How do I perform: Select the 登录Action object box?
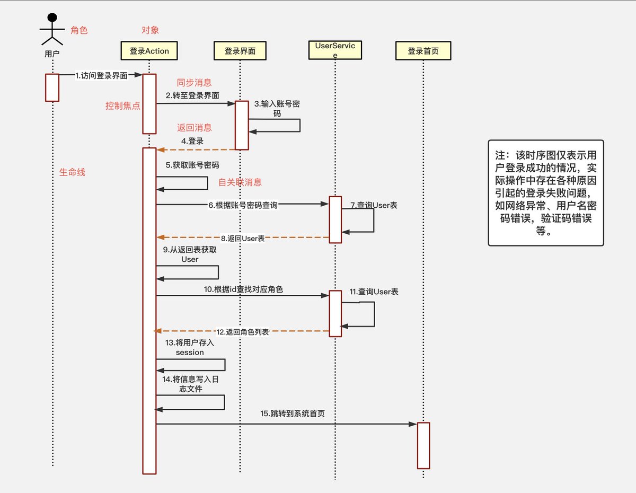(x=149, y=51)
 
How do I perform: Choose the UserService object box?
(x=334, y=51)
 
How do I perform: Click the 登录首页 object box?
(x=423, y=51)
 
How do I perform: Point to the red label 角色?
(x=79, y=31)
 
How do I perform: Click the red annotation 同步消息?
(x=194, y=83)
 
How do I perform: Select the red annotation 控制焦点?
(x=123, y=105)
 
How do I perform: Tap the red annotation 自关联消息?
(x=240, y=182)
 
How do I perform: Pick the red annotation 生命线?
(x=73, y=172)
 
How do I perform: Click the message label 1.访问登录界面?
(x=101, y=75)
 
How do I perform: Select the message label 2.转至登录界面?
(x=192, y=95)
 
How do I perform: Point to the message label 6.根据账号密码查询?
(x=243, y=205)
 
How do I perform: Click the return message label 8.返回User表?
(x=243, y=239)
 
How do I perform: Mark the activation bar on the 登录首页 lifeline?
(x=423, y=445)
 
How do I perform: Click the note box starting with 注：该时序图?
(x=545, y=193)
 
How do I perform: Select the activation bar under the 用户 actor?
(x=52, y=87)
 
